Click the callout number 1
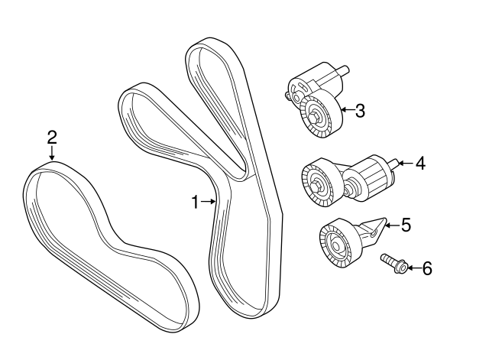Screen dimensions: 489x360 pos(196,202)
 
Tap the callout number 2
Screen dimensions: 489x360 pos(52,138)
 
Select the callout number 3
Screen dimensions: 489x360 pos(360,110)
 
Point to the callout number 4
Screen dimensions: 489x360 pos(420,163)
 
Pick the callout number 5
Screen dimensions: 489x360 pos(406,225)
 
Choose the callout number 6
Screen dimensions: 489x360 pos(427,268)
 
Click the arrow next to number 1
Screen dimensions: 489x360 pos(209,202)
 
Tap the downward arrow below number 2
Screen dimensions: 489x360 pos(52,154)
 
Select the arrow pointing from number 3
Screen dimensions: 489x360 pos(348,110)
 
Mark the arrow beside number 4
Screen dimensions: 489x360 pos(406,163)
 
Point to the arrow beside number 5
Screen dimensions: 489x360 pos(392,225)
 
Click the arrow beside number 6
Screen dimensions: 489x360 pos(413,268)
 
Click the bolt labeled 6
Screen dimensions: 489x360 pos(393,264)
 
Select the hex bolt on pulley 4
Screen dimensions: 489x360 pos(316,186)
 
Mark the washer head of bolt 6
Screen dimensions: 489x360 pos(402,268)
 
